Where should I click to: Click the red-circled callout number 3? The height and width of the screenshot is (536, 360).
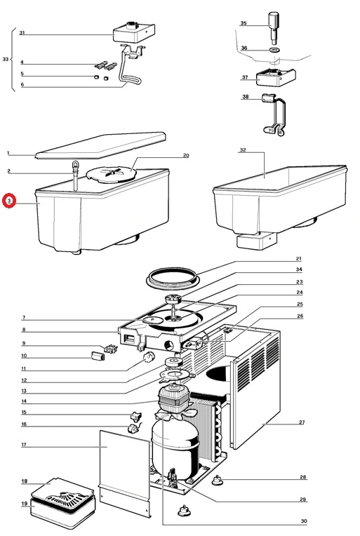(x=8, y=201)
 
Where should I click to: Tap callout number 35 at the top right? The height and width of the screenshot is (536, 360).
(x=244, y=23)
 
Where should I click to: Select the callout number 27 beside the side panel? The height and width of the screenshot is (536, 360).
(x=302, y=423)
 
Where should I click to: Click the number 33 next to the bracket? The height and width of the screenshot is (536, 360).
(x=6, y=60)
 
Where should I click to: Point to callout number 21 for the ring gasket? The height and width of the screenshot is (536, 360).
(x=298, y=258)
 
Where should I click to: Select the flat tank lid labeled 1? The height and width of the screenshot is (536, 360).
(x=98, y=145)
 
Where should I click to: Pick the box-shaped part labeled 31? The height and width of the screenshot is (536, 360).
(x=130, y=31)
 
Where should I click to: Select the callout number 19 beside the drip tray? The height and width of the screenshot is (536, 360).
(x=24, y=504)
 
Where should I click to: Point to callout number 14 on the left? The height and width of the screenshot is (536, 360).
(x=24, y=401)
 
